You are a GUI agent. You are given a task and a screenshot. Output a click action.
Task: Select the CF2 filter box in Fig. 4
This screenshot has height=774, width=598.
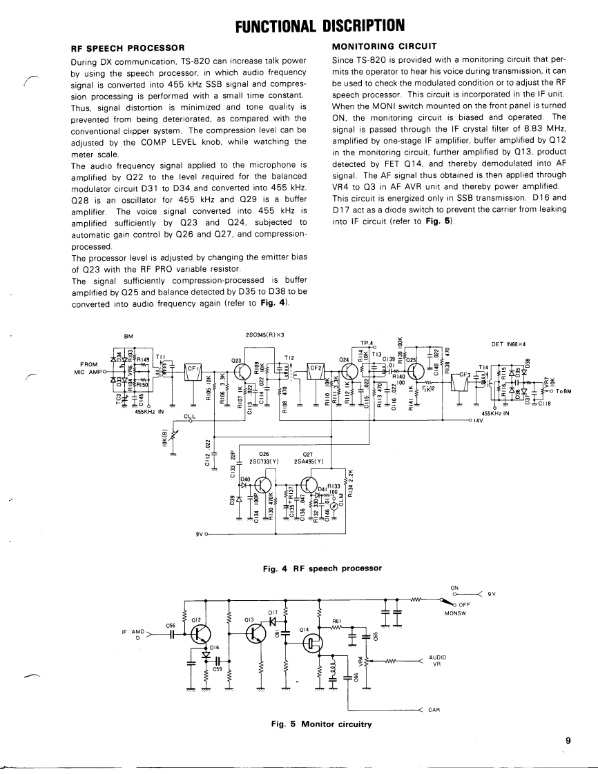(316, 368)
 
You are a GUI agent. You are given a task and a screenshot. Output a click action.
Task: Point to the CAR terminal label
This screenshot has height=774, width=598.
(434, 708)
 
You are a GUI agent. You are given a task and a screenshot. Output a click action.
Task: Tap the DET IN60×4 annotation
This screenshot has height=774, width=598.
(510, 344)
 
